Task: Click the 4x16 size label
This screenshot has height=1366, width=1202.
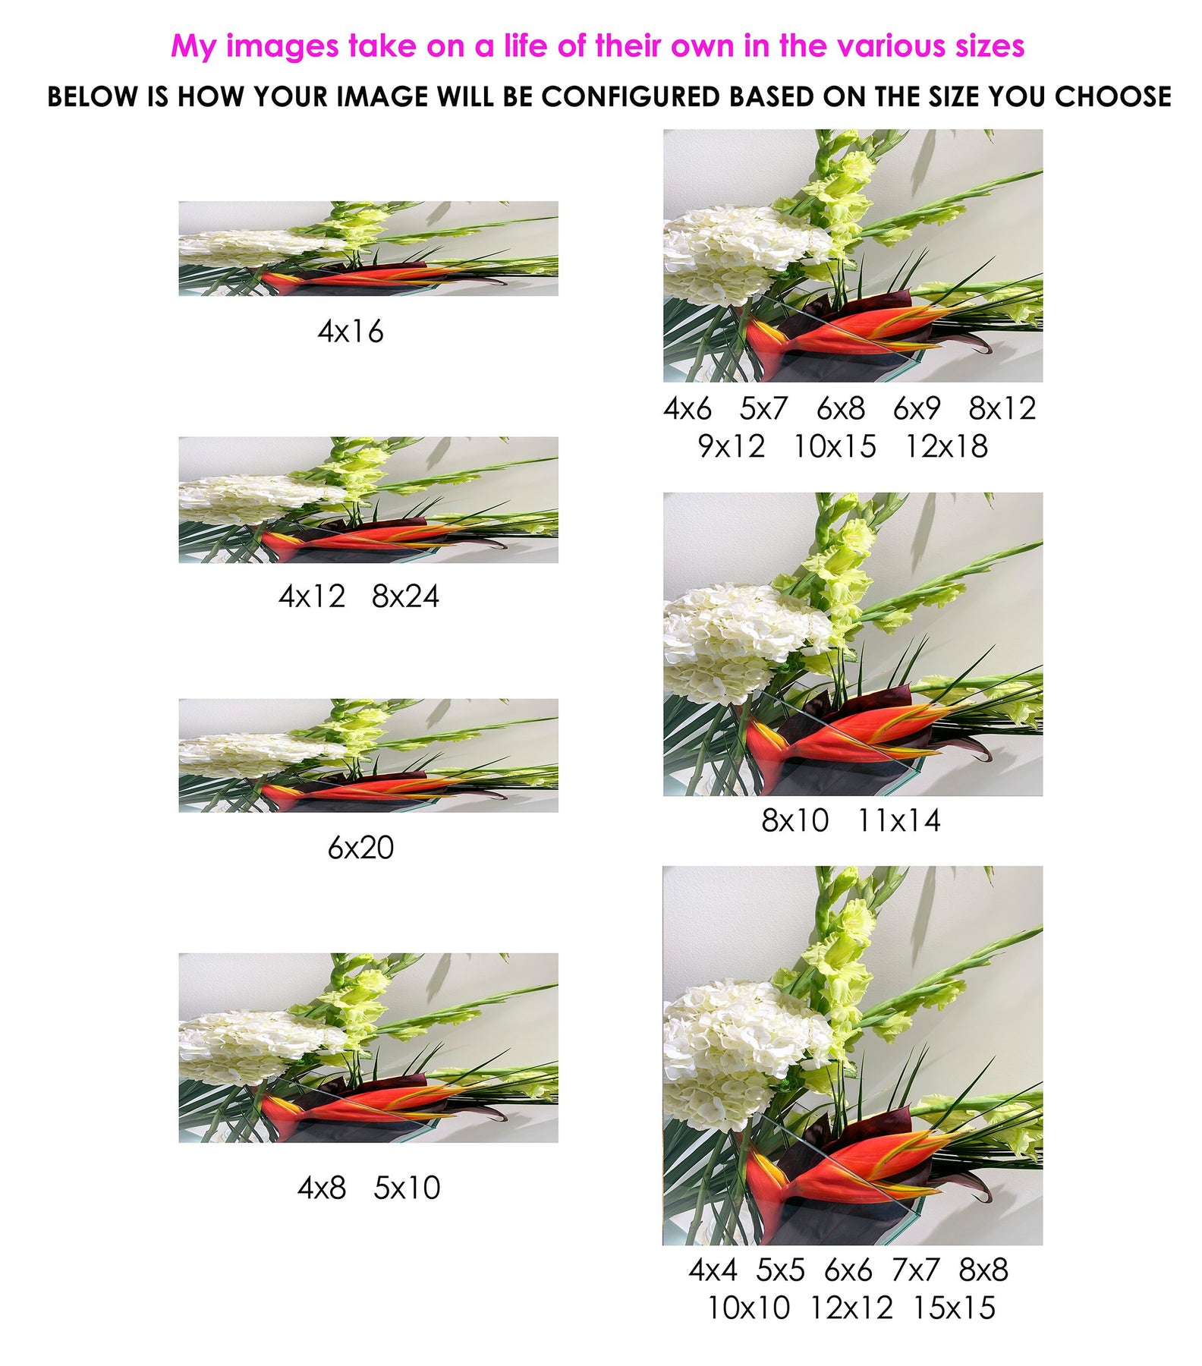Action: click(351, 332)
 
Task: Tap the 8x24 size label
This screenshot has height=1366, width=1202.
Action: click(405, 596)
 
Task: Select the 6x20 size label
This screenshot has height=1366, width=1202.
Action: click(360, 848)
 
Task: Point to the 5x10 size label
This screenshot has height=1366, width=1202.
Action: click(407, 1188)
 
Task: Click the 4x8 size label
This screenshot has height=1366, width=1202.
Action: click(322, 1188)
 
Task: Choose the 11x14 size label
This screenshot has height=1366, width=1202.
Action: click(899, 820)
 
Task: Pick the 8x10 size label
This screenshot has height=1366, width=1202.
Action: click(795, 820)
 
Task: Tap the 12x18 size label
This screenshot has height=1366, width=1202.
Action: click(946, 446)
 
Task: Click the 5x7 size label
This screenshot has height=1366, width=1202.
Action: click(764, 408)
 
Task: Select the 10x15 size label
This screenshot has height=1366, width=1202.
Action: click(835, 446)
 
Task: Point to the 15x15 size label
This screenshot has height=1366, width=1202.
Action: click(954, 1308)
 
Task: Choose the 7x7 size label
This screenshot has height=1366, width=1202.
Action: click(916, 1270)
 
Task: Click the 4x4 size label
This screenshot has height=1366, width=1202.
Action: click(713, 1270)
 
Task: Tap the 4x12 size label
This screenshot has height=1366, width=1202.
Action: click(312, 596)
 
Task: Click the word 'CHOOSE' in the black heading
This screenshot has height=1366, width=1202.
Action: click(1112, 97)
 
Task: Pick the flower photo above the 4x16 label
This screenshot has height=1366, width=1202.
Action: click(368, 248)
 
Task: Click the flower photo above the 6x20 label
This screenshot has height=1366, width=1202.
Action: click(368, 756)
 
